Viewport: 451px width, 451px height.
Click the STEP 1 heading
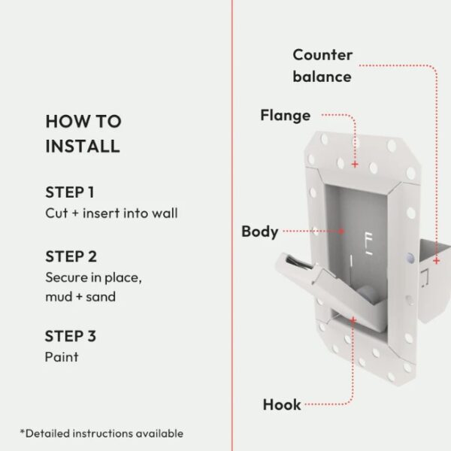pyautogui.click(x=70, y=192)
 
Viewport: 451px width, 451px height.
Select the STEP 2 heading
pyautogui.click(x=71, y=256)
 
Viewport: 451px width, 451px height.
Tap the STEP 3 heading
pyautogui.click(x=71, y=336)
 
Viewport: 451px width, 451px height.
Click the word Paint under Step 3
pyautogui.click(x=62, y=357)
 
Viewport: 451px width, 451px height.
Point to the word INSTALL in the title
pyautogui.click(x=83, y=146)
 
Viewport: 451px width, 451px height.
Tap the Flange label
pyautogui.click(x=286, y=115)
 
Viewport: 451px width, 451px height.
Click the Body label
pyautogui.click(x=260, y=232)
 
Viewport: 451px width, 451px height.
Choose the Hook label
pyautogui.click(x=282, y=404)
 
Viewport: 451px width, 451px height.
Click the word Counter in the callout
pyautogui.click(x=322, y=55)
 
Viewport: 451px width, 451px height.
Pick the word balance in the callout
pyautogui.click(x=322, y=77)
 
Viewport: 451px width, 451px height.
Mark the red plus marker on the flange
pyautogui.click(x=355, y=164)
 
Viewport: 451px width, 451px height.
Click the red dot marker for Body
pyautogui.click(x=341, y=231)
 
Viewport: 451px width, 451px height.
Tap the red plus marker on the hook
pyautogui.click(x=353, y=320)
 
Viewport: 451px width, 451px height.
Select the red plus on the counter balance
pyautogui.click(x=437, y=261)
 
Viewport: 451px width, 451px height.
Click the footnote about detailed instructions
pyautogui.click(x=101, y=433)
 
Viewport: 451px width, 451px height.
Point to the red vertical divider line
pyautogui.click(x=232, y=225)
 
